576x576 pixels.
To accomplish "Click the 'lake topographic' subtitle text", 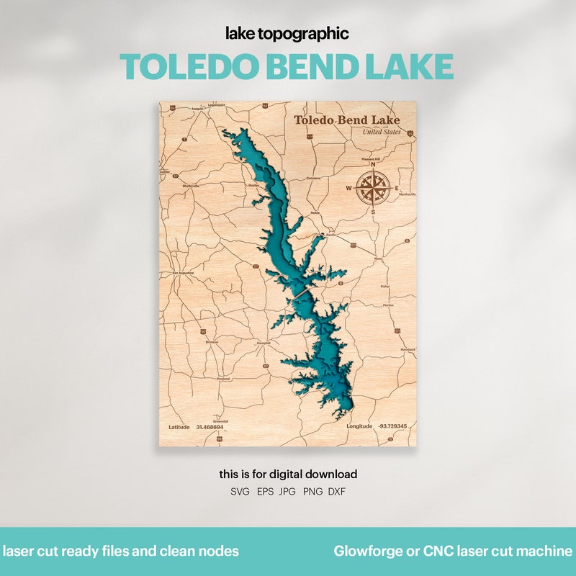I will click(287, 33).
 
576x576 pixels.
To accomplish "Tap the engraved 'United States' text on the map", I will click(382, 132).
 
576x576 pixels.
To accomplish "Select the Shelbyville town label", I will click(191, 185).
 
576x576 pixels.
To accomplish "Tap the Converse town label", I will click(313, 177).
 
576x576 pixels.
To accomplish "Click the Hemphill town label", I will click(264, 343).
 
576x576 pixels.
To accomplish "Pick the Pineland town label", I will click(223, 378).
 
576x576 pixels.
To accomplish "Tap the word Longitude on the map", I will click(360, 427).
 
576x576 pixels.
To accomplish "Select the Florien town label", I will click(389, 305).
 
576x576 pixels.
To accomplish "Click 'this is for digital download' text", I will click(288, 474).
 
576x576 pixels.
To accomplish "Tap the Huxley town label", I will click(253, 185).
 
